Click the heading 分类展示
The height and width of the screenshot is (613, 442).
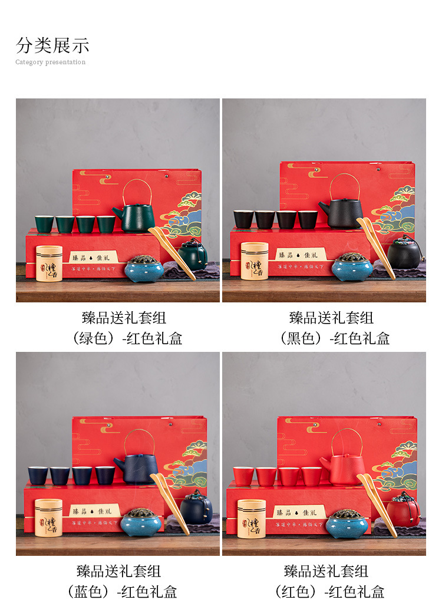[52, 45]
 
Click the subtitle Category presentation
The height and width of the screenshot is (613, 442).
[51, 62]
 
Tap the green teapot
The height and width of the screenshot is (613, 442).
[134, 217]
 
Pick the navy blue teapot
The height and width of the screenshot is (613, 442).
[136, 469]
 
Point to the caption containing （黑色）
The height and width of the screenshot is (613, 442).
[331, 338]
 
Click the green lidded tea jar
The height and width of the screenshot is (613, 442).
[193, 255]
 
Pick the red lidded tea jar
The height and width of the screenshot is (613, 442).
[403, 509]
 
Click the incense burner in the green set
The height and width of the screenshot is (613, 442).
[143, 268]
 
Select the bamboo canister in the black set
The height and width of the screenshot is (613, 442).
[255, 261]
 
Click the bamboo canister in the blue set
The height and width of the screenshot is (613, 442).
[48, 518]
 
